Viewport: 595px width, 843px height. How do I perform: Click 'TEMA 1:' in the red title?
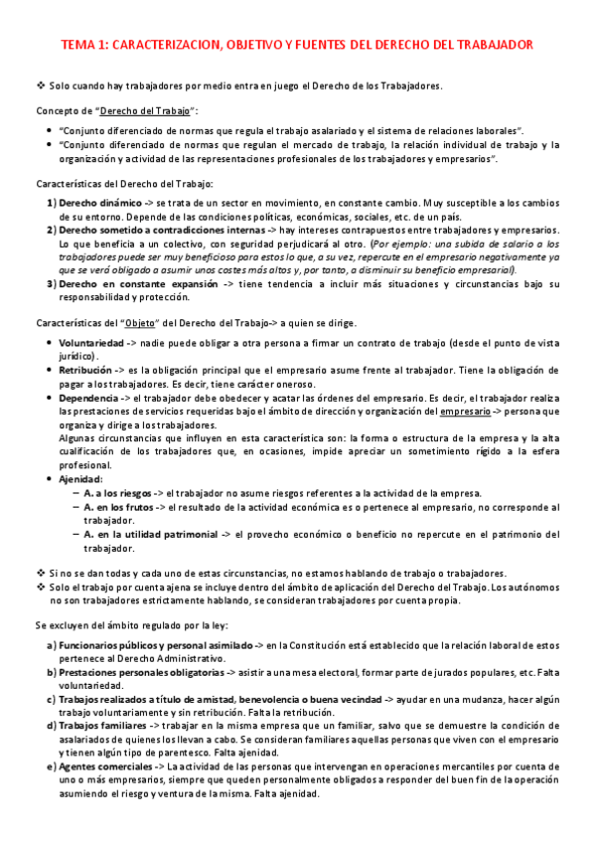(x=86, y=46)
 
